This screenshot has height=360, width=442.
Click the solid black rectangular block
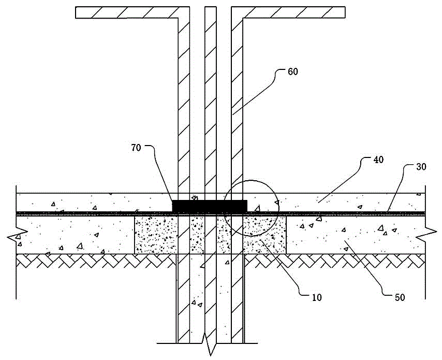209,206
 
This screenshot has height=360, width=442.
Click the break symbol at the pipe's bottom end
210,347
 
